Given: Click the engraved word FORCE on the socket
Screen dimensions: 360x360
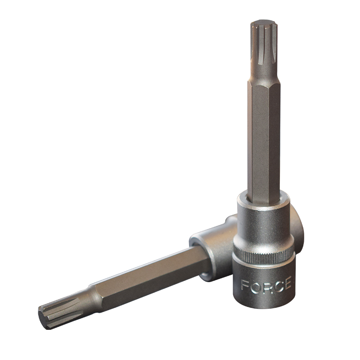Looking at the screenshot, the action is click(266, 285).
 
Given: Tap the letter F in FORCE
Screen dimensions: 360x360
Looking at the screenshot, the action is click(245, 285).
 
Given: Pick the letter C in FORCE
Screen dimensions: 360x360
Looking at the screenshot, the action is click(276, 286).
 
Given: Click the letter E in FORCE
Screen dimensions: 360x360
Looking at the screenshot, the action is click(287, 283).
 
